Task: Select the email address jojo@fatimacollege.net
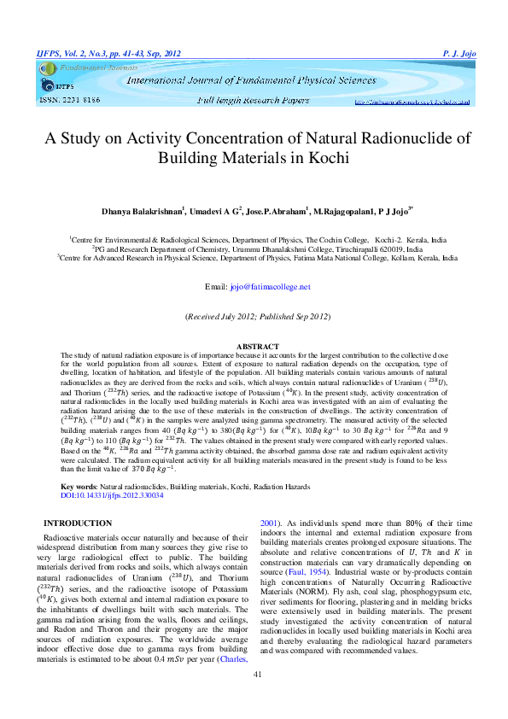(271, 287)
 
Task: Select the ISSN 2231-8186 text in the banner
(70, 100)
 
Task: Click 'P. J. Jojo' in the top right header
(459, 54)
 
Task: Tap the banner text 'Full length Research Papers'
(254, 101)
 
